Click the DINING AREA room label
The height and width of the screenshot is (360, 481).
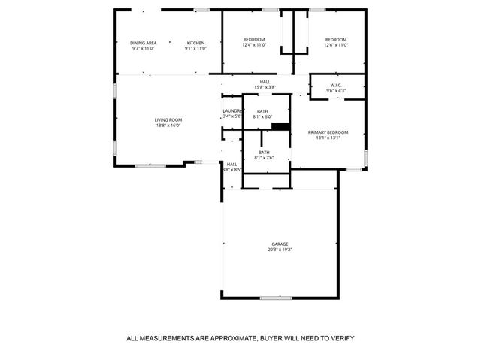tap(143, 43)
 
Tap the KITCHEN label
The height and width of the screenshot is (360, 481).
tap(195, 43)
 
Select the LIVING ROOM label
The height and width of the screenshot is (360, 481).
tap(168, 120)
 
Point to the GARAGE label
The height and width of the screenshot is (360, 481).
tap(280, 244)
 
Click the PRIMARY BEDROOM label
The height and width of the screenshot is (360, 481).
tap(328, 132)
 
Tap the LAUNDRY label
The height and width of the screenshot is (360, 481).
tap(231, 111)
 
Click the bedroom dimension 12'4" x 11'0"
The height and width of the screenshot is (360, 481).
tap(254, 45)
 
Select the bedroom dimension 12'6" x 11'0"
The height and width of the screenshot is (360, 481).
tap(336, 45)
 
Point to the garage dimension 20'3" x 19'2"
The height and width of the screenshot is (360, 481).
tap(280, 250)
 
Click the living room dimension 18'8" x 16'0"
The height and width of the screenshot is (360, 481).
tap(168, 126)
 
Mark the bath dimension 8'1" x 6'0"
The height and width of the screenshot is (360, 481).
tap(262, 116)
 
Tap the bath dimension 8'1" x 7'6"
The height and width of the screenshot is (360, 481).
tap(264, 158)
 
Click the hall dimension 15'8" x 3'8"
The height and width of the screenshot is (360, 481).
tap(265, 87)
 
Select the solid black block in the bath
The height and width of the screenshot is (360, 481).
tap(281, 127)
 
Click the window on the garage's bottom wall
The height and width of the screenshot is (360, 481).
tap(276, 298)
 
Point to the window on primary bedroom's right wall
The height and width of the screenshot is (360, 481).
tap(366, 156)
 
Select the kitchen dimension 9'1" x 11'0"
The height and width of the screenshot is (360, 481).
tap(195, 48)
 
